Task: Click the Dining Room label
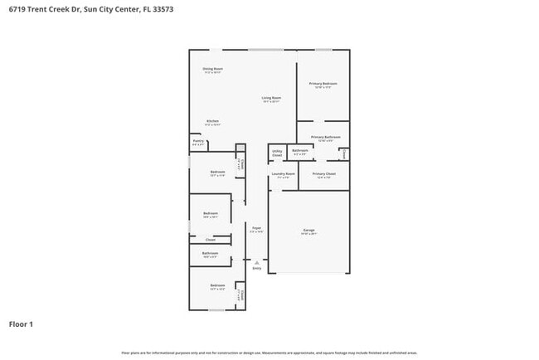[x=213, y=69]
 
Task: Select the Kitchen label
[x=213, y=121]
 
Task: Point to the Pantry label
[x=198, y=141]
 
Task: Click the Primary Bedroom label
[x=323, y=83]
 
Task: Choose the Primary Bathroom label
[x=326, y=136]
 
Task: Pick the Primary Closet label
[x=324, y=174]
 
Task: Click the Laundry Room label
[x=284, y=174]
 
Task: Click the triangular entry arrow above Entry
[x=257, y=261]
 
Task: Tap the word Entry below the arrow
[x=257, y=268]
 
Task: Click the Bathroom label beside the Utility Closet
[x=300, y=150]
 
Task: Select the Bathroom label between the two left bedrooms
[x=211, y=253]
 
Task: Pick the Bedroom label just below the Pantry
[x=217, y=172]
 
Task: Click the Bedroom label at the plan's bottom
[x=217, y=287]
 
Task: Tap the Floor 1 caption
[x=21, y=324]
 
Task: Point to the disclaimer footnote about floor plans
[x=269, y=352]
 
